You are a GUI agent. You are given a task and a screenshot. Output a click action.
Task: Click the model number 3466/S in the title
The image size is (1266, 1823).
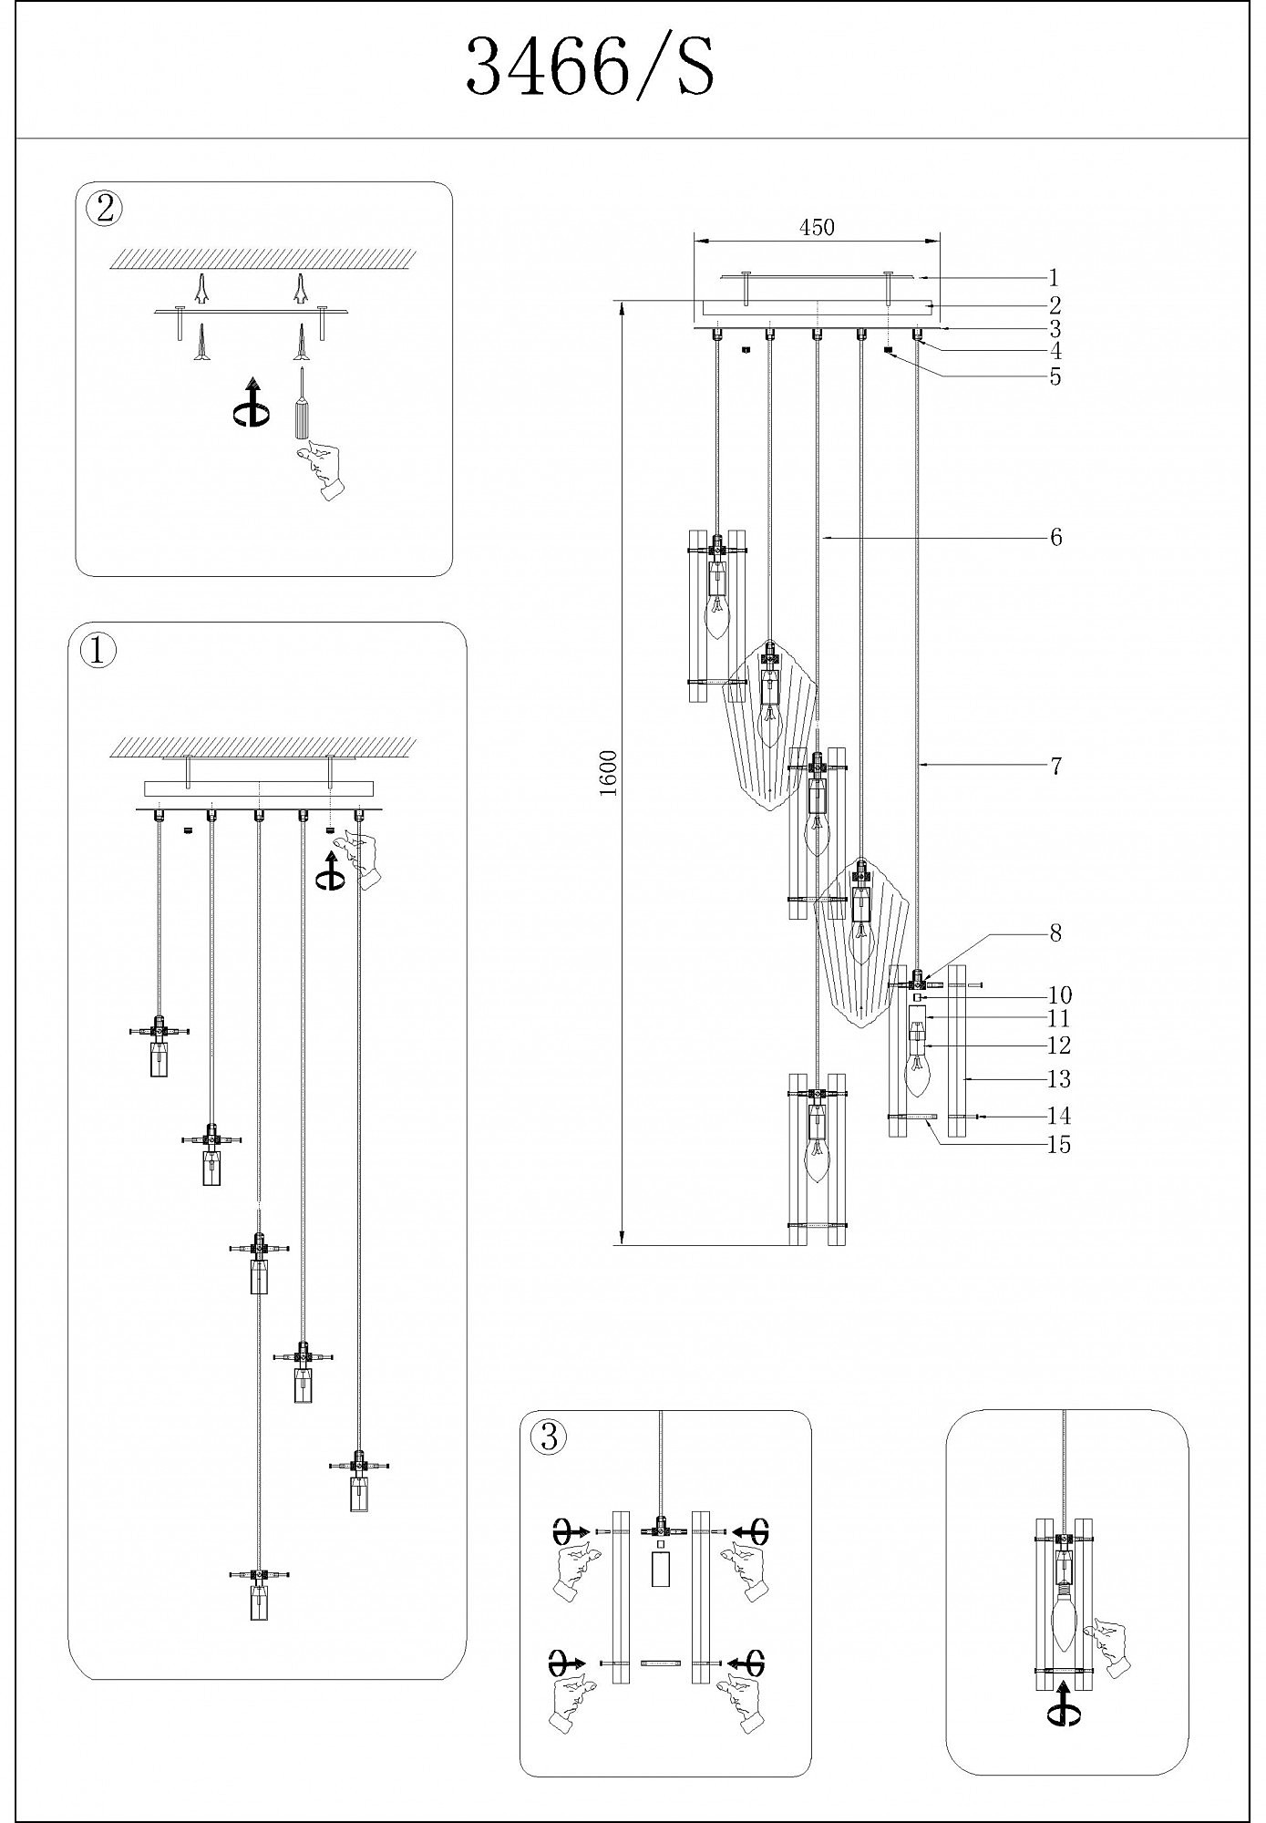590,69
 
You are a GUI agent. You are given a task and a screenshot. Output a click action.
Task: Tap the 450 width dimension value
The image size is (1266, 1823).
817,228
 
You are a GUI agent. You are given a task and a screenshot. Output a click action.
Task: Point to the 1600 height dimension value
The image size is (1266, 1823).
609,773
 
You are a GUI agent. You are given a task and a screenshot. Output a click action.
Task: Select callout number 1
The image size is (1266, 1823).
1054,278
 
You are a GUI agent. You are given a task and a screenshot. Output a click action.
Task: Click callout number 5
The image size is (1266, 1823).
1055,377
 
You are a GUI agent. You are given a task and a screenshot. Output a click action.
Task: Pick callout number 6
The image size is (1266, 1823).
1055,537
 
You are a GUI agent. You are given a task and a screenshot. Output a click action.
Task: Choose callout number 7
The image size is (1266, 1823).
1055,767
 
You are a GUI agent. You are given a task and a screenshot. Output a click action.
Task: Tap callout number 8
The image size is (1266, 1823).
1055,933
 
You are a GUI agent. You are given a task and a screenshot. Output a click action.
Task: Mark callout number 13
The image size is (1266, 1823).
1058,1080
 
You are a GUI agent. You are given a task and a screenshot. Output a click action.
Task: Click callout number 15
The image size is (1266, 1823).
1058,1145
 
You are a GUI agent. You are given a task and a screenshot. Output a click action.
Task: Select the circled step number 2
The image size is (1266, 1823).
105,209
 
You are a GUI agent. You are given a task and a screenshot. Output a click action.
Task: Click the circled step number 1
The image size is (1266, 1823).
98,651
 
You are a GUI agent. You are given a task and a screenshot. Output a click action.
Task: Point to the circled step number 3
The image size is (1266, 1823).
548,1437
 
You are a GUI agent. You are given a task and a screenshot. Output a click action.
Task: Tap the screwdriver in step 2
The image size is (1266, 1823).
300,406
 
